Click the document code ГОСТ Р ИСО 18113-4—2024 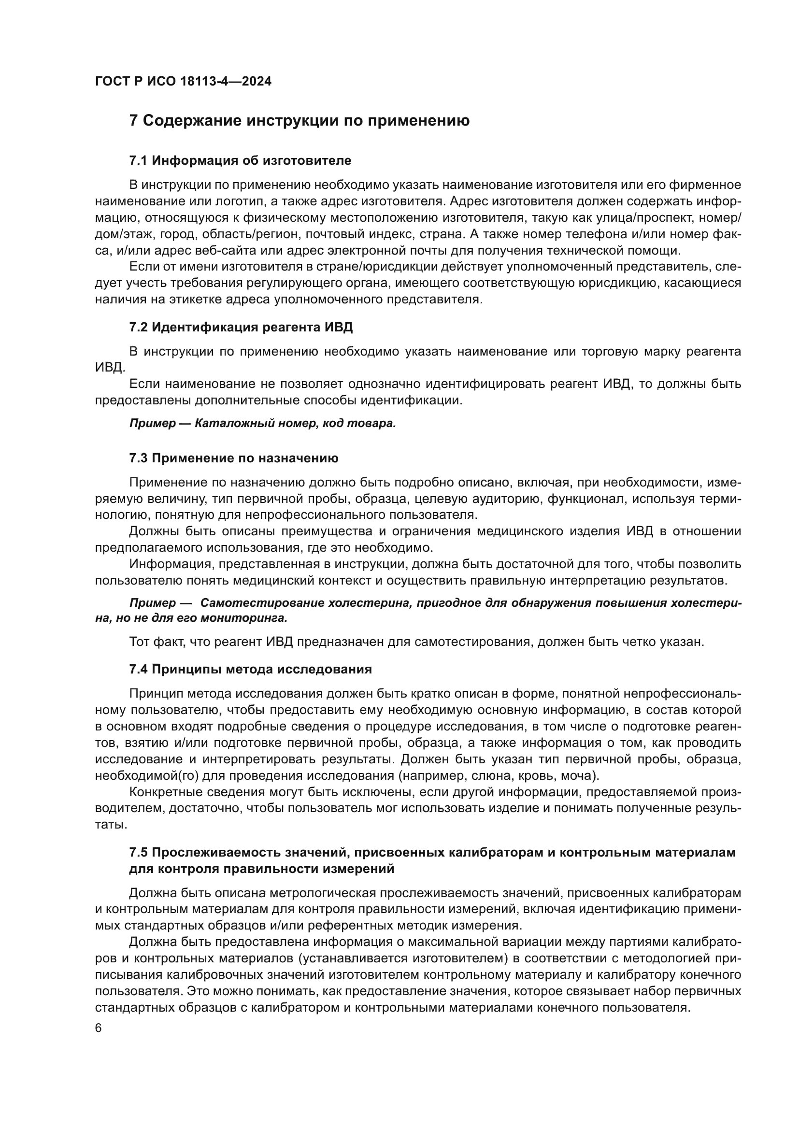(183, 82)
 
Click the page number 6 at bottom (99, 1028)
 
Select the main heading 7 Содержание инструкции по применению (299, 121)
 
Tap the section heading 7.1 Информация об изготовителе (240, 160)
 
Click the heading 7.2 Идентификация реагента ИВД (241, 327)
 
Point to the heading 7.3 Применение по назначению (234, 458)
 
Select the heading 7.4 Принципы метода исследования (250, 669)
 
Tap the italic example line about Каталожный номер (263, 424)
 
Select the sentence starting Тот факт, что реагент (416, 642)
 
